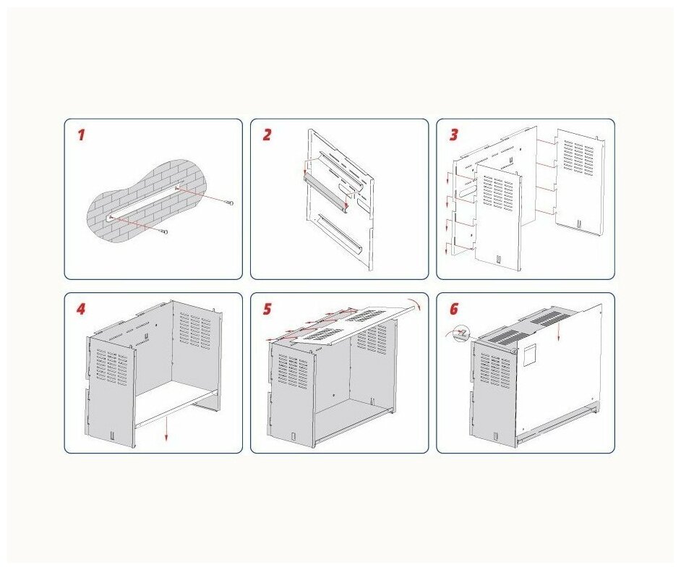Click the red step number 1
click(x=81, y=135)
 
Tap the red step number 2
click(x=267, y=135)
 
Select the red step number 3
click(x=453, y=135)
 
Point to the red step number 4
click(x=81, y=309)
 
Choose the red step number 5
click(x=267, y=309)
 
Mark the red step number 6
click(x=454, y=309)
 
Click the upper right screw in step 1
click(x=231, y=203)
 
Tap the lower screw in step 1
click(x=163, y=232)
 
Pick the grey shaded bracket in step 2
click(x=325, y=194)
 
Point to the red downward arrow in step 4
click(x=166, y=429)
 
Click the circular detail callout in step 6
click(x=463, y=333)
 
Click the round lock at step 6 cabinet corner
click(x=514, y=350)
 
